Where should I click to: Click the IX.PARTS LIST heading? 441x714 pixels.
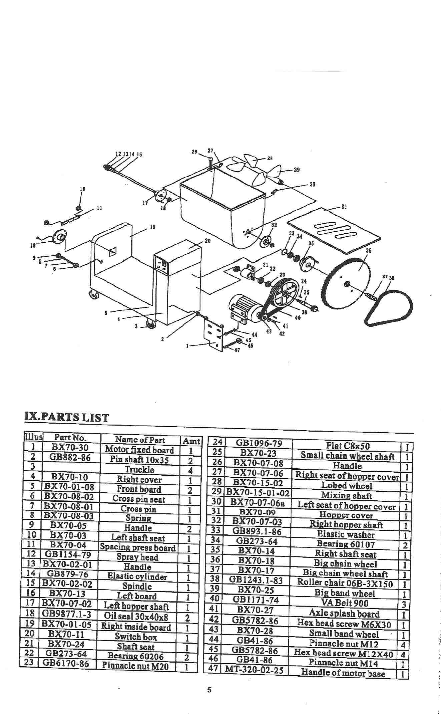click(x=67, y=417)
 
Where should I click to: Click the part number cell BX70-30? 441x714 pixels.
click(x=70, y=447)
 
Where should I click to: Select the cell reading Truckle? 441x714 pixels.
click(x=139, y=470)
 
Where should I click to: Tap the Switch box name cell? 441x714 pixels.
click(x=136, y=637)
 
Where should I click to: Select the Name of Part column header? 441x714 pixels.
click(x=140, y=440)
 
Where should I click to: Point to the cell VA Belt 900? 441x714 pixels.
click(x=345, y=603)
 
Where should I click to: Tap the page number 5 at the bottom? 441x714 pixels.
click(x=209, y=690)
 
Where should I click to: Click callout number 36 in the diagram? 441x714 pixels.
click(x=369, y=250)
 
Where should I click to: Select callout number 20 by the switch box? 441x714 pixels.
click(x=207, y=241)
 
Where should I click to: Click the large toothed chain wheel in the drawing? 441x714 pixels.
click(x=347, y=284)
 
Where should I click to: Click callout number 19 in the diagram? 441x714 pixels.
click(x=153, y=227)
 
